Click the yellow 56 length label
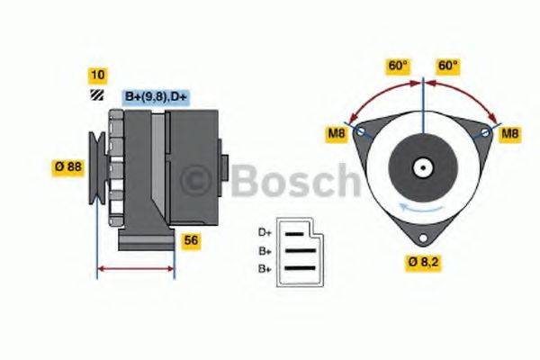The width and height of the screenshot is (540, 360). point(191,240)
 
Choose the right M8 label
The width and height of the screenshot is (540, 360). point(510,134)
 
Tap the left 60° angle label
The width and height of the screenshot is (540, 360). point(398,66)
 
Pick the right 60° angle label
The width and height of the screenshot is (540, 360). point(447,66)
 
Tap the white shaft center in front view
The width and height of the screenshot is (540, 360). point(422,167)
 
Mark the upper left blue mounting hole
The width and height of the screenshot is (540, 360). point(361,132)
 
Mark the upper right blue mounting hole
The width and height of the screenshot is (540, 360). point(485,132)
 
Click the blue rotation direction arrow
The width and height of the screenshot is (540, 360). point(422,209)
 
